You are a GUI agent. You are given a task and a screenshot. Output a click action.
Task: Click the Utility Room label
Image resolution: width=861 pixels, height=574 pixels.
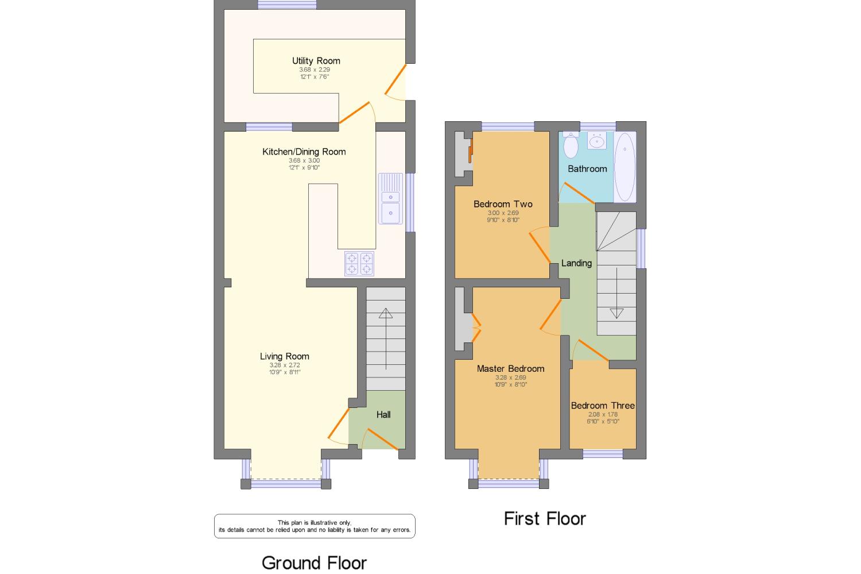pyautogui.click(x=316, y=61)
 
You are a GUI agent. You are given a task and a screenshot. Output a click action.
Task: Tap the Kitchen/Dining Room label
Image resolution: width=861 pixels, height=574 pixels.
pyautogui.click(x=304, y=152)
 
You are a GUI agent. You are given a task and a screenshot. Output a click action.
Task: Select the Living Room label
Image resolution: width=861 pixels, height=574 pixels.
pyautogui.click(x=284, y=356)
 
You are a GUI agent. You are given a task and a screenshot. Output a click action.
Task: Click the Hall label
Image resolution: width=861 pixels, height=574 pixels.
pyautogui.click(x=383, y=414)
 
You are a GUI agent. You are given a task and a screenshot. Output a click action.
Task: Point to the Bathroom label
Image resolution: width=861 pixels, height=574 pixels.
pyautogui.click(x=587, y=169)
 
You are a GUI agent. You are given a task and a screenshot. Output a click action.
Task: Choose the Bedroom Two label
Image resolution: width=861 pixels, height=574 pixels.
pyautogui.click(x=503, y=204)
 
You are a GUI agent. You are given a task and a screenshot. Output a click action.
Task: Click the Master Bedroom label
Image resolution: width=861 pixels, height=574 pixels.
pyautogui.click(x=510, y=369)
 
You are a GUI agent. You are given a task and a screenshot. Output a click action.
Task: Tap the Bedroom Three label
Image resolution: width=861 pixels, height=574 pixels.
pyautogui.click(x=603, y=406)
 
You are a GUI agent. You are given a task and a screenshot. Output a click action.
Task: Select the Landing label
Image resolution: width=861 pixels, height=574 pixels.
pyautogui.click(x=576, y=263)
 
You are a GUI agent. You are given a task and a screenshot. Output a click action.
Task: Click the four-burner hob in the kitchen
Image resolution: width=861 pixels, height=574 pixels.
pyautogui.click(x=359, y=264)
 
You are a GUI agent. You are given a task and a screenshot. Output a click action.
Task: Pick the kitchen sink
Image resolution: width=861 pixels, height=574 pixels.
pyautogui.click(x=391, y=198)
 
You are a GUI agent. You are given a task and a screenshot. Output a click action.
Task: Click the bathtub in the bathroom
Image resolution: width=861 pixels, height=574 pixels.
pyautogui.click(x=625, y=167)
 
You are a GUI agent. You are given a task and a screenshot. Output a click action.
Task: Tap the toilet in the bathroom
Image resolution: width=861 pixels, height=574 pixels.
pyautogui.click(x=571, y=145)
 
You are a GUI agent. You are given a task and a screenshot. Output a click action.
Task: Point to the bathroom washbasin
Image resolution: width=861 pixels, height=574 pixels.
pyautogui.click(x=598, y=140)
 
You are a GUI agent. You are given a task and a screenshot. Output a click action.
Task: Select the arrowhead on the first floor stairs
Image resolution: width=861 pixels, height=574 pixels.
pyautogui.click(x=616, y=313)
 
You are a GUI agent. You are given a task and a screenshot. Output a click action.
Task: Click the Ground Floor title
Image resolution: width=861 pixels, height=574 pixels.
pyautogui.click(x=314, y=563)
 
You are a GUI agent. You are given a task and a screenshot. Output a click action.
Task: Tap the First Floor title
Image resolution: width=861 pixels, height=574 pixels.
pyautogui.click(x=545, y=519)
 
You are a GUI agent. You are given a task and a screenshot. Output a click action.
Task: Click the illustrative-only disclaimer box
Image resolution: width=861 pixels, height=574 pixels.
pyautogui.click(x=315, y=526)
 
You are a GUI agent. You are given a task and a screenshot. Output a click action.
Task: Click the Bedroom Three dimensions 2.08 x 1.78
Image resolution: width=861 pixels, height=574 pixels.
pyautogui.click(x=603, y=414)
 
